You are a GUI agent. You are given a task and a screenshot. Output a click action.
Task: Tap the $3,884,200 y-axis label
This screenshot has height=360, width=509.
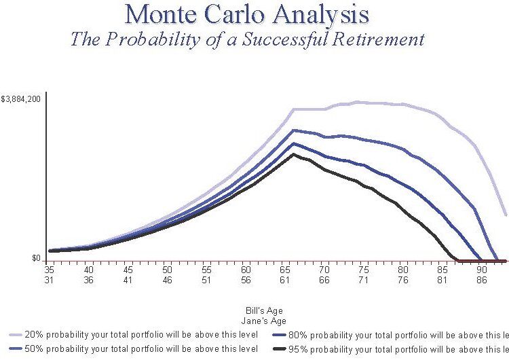pos(22,99)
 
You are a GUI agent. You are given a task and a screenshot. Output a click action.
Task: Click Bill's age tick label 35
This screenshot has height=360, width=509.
pos(50,270)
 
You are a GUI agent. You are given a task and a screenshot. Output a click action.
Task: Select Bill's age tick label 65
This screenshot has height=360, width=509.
pos(286,270)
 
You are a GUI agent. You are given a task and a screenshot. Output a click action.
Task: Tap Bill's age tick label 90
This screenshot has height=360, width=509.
pos(483,270)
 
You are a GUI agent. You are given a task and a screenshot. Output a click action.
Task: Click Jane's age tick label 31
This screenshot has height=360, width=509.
pos(50,279)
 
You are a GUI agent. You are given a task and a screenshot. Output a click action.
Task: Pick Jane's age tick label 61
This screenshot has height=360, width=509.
pos(286,279)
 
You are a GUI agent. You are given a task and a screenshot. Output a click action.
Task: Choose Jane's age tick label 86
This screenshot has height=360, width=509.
pos(483,279)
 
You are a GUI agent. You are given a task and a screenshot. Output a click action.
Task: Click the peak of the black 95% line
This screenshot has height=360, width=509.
pos(294,154)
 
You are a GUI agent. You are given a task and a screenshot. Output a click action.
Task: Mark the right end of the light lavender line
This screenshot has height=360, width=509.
pos(506,215)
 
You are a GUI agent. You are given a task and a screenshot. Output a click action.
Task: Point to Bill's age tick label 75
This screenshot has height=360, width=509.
pos(364,270)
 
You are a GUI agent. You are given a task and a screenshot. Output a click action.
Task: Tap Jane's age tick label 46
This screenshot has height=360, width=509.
pos(168,279)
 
